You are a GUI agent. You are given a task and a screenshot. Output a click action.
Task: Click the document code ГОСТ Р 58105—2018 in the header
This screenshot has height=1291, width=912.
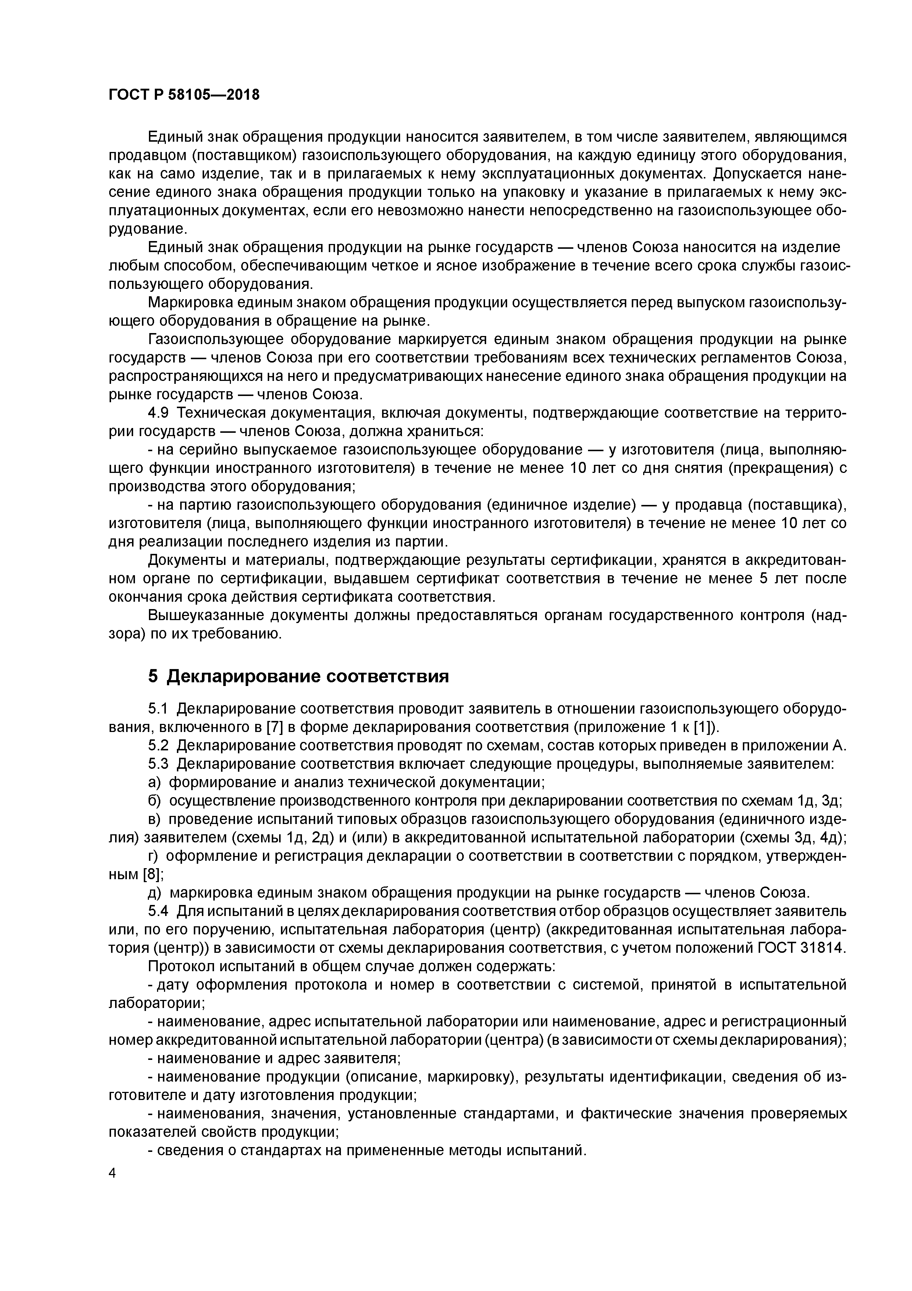point(184,95)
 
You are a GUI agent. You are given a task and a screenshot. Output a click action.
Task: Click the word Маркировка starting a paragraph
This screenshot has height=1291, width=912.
point(189,303)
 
